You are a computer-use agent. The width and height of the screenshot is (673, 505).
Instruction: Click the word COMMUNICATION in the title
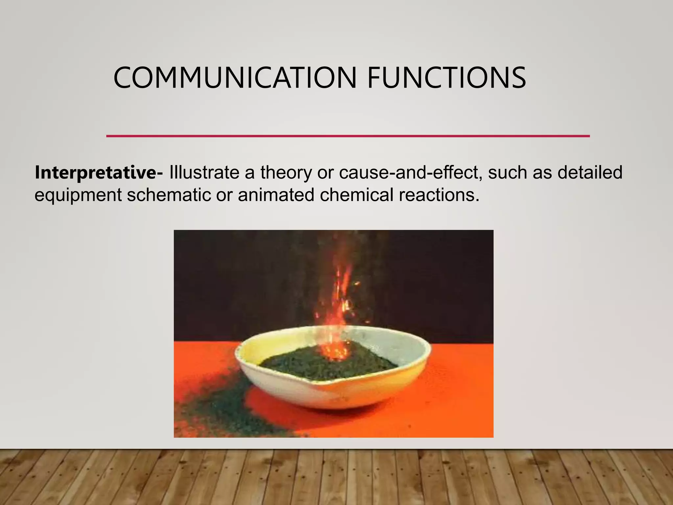[235, 78]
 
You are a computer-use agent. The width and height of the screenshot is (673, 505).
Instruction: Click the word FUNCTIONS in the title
[446, 78]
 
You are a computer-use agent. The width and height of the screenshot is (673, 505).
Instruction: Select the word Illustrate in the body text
[204, 172]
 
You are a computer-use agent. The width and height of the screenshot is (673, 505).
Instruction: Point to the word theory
[286, 172]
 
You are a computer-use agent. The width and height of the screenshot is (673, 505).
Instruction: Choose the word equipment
[78, 195]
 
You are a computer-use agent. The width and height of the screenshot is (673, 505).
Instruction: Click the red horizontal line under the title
[348, 136]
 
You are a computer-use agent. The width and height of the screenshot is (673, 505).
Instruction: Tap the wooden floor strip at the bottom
[336, 478]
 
